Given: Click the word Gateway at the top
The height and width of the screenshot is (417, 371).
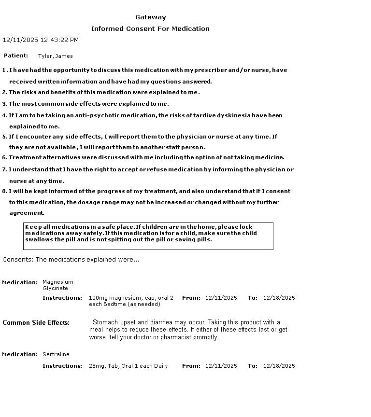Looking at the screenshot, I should tap(150, 17).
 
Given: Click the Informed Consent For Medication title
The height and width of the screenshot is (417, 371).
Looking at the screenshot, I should tap(150, 29).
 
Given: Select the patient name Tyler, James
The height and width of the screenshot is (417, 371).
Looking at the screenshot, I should tap(55, 56).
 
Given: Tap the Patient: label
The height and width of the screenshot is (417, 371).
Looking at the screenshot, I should tap(16, 56).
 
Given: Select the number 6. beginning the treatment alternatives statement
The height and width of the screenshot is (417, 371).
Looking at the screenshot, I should tap(5, 157).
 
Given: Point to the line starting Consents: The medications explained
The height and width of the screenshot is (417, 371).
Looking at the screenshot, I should tap(71, 260).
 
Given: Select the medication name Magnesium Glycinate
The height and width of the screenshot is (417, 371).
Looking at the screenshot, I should tap(57, 285).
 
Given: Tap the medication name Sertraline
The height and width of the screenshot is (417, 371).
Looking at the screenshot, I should tap(56, 354).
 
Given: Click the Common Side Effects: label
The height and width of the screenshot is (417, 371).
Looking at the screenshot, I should tap(36, 323).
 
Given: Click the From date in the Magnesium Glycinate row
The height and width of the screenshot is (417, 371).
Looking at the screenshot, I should tap(221, 298).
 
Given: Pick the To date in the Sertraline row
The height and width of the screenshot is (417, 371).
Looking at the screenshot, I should tap(279, 366).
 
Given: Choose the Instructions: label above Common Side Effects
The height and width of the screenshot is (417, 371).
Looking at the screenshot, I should tap(62, 298).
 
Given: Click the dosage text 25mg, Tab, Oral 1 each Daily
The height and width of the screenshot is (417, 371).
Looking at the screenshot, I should tap(128, 366).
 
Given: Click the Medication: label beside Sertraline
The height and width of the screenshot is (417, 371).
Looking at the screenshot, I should tap(20, 354).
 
